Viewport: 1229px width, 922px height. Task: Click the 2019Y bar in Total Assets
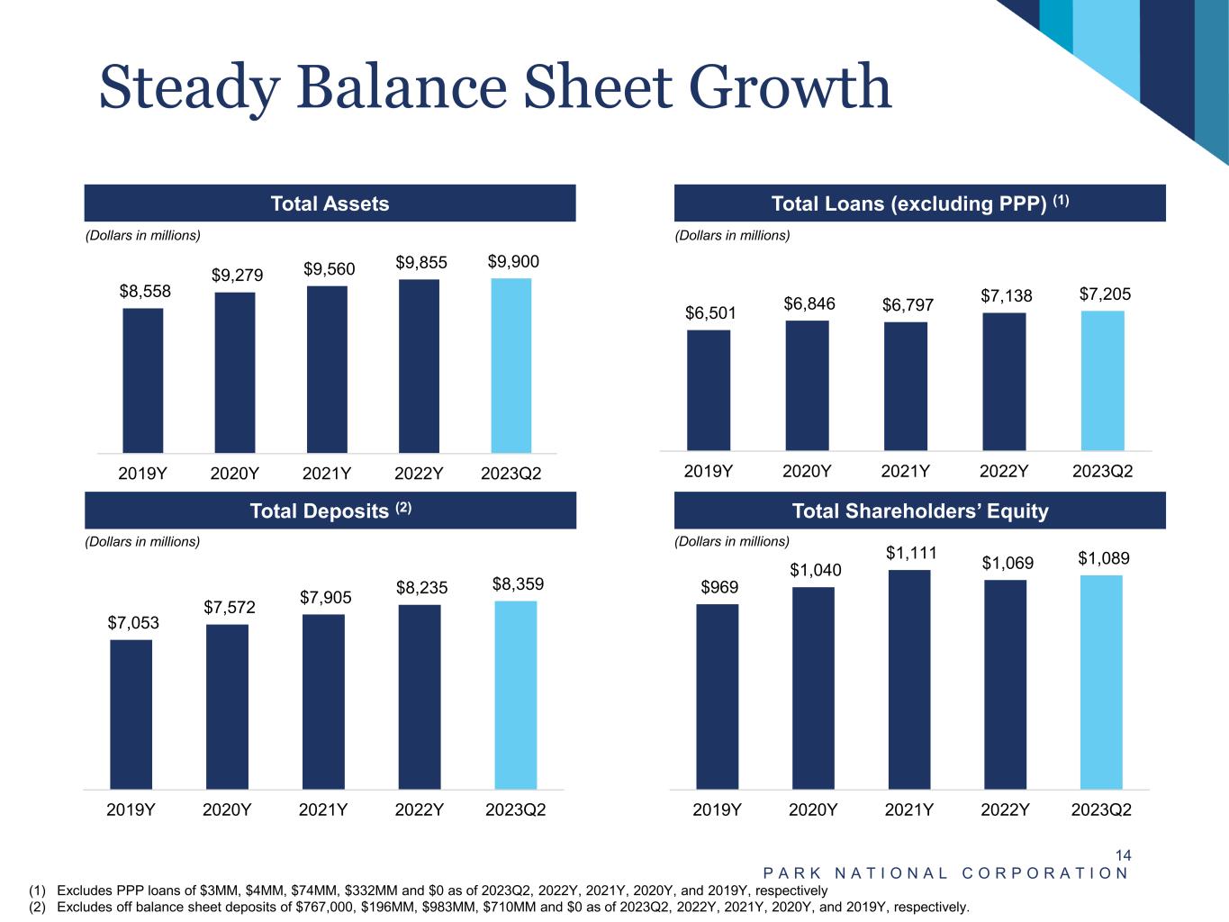point(143,380)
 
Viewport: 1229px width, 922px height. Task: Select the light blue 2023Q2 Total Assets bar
point(511,366)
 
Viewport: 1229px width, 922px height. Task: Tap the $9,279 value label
point(237,275)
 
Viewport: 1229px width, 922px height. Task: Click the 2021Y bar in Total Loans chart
point(905,386)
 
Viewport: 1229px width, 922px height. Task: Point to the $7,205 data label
point(1105,294)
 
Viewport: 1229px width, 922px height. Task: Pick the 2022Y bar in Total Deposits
point(420,697)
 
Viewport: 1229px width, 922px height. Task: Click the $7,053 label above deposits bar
point(133,622)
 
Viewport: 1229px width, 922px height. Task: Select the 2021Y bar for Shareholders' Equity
point(909,680)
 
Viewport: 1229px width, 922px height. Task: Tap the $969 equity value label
point(719,587)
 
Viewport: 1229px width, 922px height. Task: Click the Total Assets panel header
point(330,203)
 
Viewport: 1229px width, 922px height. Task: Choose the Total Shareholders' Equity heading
point(919,511)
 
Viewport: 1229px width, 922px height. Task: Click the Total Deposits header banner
point(330,511)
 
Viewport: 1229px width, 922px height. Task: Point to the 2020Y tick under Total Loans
point(807,471)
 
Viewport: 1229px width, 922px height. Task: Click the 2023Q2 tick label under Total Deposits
point(515,809)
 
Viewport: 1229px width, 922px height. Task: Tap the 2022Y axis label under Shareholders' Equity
point(1005,809)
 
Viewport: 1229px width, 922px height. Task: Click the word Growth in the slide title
point(790,87)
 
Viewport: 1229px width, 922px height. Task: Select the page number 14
point(1123,855)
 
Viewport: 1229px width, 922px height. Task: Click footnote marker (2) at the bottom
point(37,907)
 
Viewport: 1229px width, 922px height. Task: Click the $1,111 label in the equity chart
point(911,553)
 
